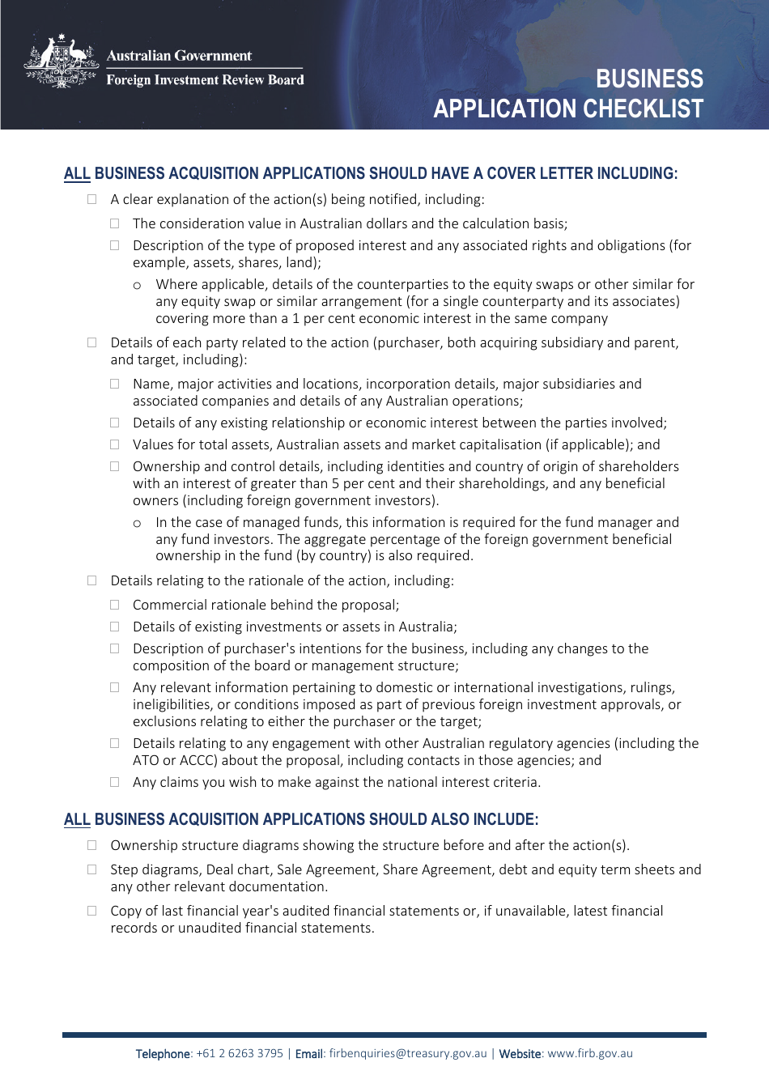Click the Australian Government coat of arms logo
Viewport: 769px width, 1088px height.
62,62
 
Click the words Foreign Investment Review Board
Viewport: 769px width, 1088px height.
205,80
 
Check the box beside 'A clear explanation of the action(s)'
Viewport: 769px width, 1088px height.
92,199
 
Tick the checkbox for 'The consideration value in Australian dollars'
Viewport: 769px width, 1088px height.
115,223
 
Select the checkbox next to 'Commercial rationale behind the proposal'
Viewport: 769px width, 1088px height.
115,605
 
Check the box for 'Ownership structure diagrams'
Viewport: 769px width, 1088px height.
92,845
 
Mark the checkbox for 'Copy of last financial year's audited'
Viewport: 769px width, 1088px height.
92,911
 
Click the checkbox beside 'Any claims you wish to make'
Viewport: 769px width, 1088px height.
115,782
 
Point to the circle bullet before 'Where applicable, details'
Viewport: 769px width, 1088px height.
138,286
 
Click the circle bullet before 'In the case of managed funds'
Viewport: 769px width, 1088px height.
138,524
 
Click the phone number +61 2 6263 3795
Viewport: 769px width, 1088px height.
240,1053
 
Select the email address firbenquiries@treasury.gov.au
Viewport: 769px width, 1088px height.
408,1053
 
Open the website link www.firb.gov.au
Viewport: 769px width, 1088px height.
590,1053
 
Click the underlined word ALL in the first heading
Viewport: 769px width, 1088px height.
77,173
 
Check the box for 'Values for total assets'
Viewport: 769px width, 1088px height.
115,444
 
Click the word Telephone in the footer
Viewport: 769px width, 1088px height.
163,1053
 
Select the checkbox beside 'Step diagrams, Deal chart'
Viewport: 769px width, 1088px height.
92,869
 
